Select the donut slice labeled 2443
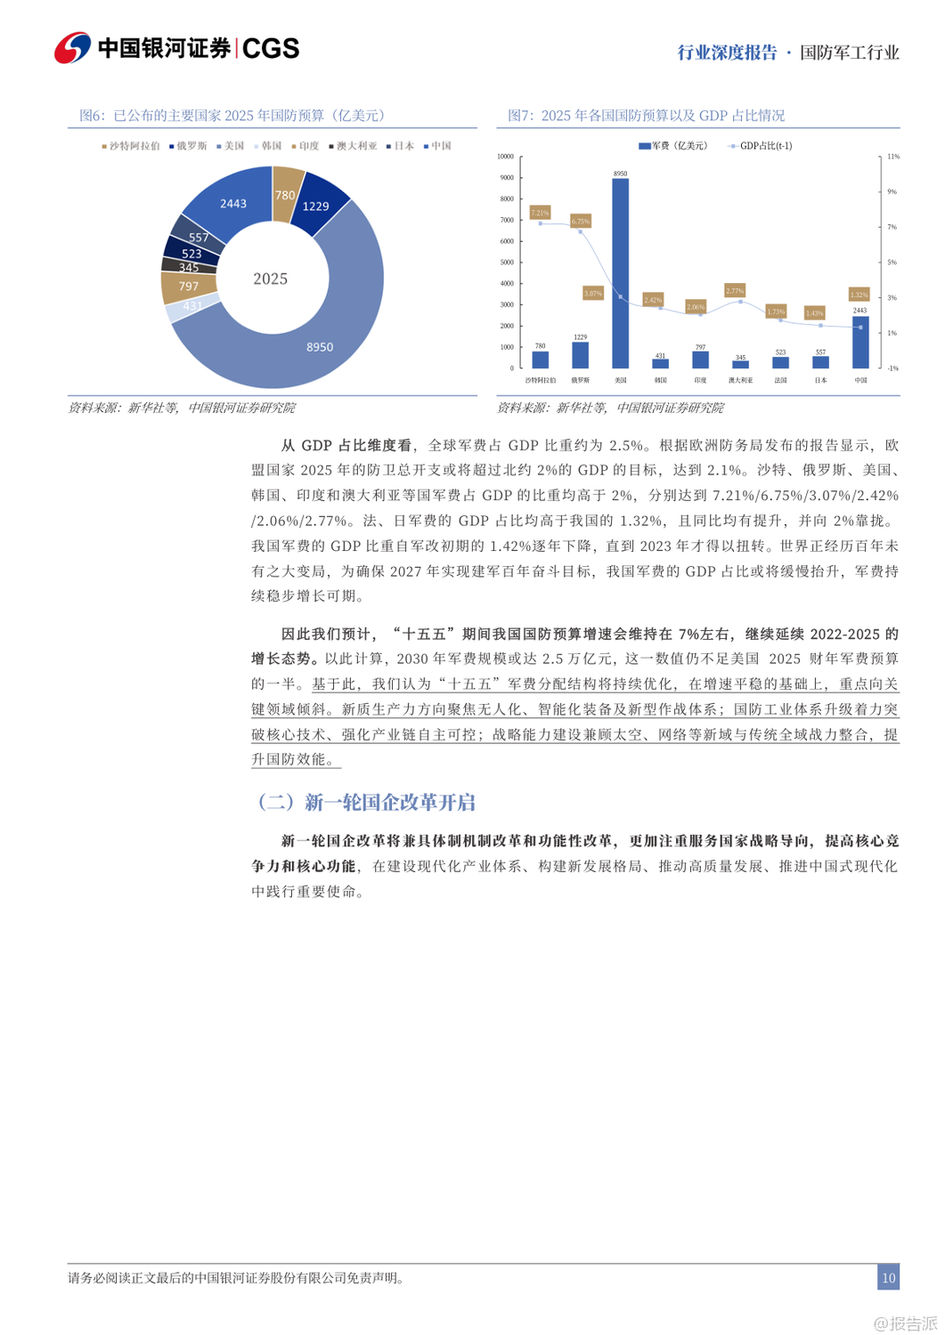click(x=234, y=203)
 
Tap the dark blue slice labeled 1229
click(x=316, y=206)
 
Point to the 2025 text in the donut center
click(x=270, y=279)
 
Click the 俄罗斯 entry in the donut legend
click(x=190, y=146)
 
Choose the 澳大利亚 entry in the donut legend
click(x=354, y=146)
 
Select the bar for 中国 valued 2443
click(x=860, y=343)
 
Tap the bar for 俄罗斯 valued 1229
click(x=580, y=355)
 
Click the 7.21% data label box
click(x=540, y=213)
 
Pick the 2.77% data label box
click(x=735, y=290)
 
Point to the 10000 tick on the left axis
click(x=506, y=157)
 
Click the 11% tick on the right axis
click(x=893, y=157)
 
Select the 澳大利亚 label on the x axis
click(x=740, y=380)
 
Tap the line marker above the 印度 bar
click(x=700, y=314)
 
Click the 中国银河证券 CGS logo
click(x=177, y=48)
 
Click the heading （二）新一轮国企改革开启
click(x=365, y=802)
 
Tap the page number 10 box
click(x=888, y=1277)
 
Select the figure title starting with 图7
click(x=646, y=116)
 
